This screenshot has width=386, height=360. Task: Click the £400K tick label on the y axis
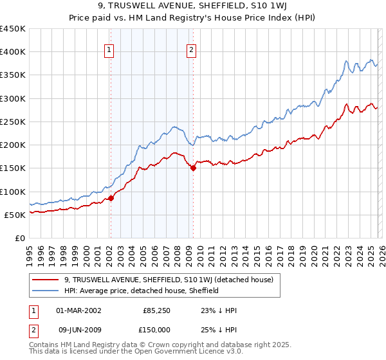pos(13,52)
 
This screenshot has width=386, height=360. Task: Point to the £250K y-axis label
pos(13,122)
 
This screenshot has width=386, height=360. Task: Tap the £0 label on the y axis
pos(20,238)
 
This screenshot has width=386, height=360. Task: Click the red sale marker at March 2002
pos(111,198)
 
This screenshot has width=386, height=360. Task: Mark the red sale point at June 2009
pos(193,168)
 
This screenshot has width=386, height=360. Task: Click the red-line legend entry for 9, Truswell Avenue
pos(169,280)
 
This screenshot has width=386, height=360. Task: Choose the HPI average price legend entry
pos(142,291)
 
